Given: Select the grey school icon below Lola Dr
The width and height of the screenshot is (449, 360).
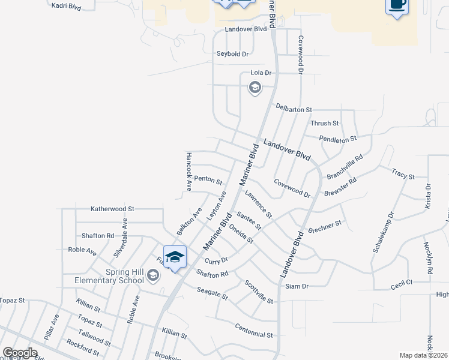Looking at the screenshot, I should [255, 88].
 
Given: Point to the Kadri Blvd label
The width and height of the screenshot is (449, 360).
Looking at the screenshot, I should [66, 5].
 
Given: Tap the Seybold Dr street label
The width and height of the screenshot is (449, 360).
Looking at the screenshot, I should [232, 54].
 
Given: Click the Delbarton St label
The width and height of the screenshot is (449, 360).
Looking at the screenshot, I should [294, 109].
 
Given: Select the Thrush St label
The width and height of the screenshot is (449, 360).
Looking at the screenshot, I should [325, 123].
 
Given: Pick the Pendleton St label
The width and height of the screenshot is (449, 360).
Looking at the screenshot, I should [338, 139].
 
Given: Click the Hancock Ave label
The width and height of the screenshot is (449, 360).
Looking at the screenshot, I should [188, 171].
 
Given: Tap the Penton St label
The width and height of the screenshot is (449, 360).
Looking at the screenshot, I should [208, 179].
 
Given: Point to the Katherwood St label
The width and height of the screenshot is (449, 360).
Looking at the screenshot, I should [112, 209].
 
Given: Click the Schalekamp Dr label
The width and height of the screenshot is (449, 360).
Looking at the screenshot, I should [383, 231].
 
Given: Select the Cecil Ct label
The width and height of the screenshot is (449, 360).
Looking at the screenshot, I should [402, 282].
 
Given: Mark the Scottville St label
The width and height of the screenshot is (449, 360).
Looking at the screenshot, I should [259, 292].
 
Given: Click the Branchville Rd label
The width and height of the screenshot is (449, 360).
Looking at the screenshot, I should [345, 167].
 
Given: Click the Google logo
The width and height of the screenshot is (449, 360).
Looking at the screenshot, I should [20, 353].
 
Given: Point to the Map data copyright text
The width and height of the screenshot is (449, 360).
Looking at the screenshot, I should [424, 355].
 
